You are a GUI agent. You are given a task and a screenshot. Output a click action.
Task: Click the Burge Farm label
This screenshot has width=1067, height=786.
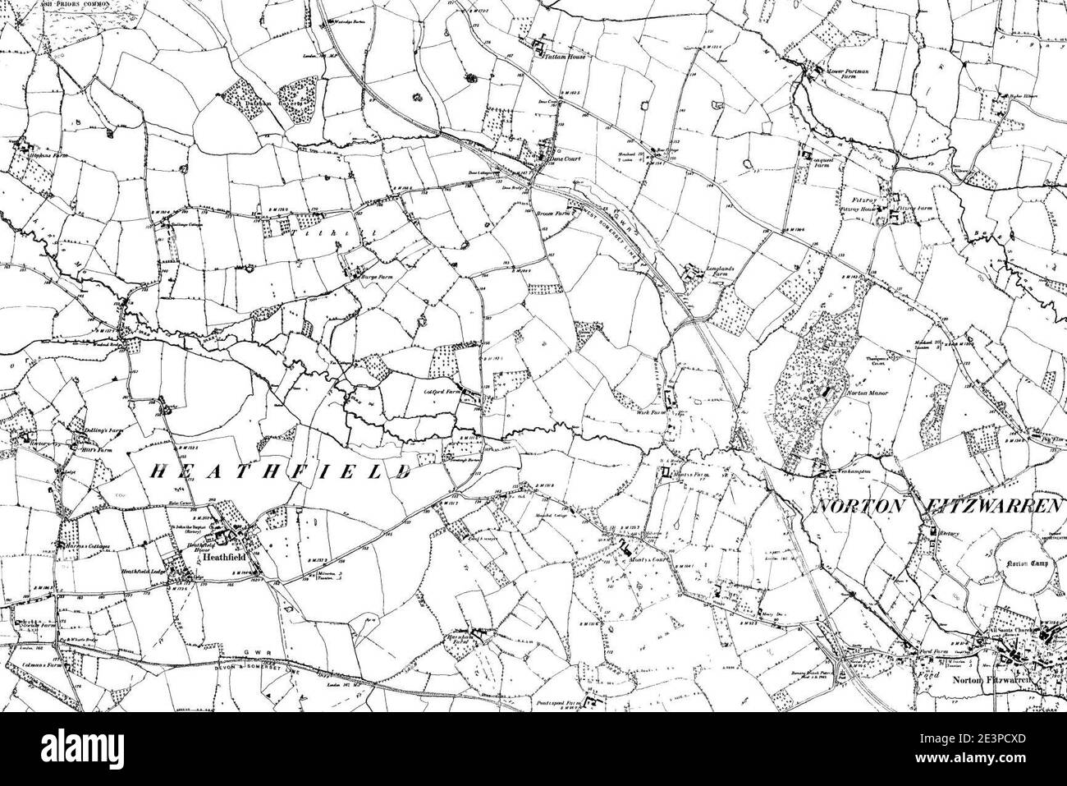369,277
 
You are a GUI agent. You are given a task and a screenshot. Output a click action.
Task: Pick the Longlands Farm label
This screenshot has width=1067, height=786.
721,271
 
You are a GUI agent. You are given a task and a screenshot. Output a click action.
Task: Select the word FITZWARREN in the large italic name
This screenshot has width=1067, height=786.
996,507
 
